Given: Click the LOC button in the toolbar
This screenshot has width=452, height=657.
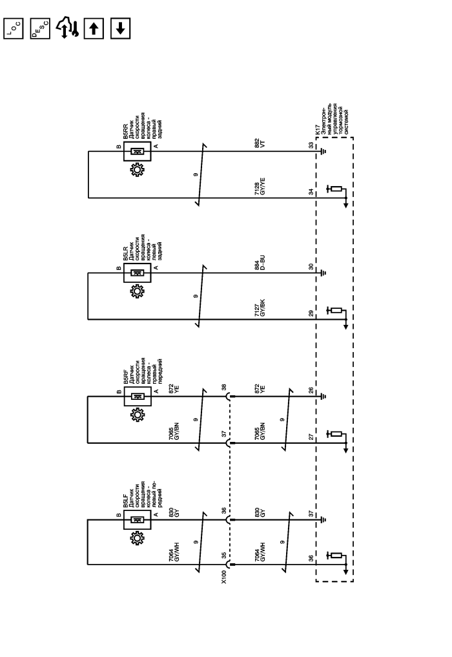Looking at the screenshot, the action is (x=14, y=28).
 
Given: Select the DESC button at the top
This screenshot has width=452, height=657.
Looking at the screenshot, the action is (x=40, y=28).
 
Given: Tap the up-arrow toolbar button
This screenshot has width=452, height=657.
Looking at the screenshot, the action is (x=94, y=28).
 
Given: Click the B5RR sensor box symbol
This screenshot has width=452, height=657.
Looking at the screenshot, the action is (x=138, y=152).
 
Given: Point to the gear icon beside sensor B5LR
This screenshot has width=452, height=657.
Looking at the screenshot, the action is (x=137, y=291).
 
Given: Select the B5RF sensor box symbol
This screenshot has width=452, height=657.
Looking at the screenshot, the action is (x=138, y=397).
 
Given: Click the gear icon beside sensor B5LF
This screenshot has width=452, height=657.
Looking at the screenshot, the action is (x=137, y=538).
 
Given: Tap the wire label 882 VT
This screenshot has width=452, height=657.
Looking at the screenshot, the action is (x=260, y=143).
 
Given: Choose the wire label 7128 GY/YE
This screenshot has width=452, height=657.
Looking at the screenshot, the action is (x=260, y=187).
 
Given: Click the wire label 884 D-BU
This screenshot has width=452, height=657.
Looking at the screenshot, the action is (x=260, y=263).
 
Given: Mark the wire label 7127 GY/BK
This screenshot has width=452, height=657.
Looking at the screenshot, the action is (x=260, y=308).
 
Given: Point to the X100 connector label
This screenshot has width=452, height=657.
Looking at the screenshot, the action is (x=223, y=576).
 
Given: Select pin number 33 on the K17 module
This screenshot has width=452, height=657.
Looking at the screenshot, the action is (x=311, y=145).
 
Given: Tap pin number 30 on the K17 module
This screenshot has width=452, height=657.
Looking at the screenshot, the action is (x=311, y=267).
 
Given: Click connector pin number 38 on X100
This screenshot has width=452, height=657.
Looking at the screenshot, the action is (x=224, y=388).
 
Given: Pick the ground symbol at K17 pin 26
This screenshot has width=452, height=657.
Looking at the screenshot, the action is (x=323, y=397).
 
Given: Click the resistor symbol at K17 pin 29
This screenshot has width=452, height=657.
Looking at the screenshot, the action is (x=336, y=311).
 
